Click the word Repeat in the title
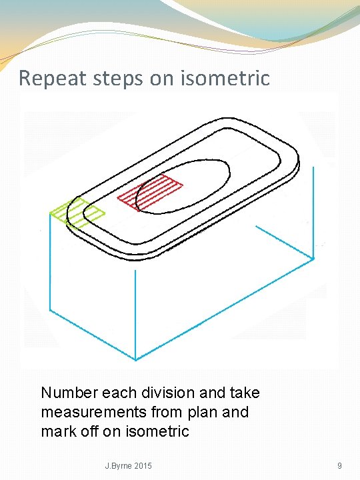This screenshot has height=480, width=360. click(x=53, y=79)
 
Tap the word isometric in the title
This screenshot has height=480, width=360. click(x=225, y=78)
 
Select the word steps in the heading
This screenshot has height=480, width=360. click(x=118, y=79)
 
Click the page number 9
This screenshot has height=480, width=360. click(x=339, y=466)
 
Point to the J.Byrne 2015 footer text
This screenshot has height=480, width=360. click(x=128, y=466)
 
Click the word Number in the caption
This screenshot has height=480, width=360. click(x=70, y=393)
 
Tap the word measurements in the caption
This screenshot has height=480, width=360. click(x=94, y=413)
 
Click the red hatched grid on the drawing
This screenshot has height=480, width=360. click(x=150, y=193)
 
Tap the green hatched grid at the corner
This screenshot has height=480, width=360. click(x=77, y=213)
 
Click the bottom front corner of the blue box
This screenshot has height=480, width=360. click(x=135, y=360)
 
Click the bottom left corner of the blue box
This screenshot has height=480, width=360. click(x=50, y=311)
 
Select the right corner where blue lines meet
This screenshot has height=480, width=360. click(x=313, y=259)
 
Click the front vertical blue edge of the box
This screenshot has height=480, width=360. click(x=135, y=315)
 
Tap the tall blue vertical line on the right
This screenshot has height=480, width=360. click(x=313, y=213)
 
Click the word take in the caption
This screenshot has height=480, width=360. click(x=245, y=393)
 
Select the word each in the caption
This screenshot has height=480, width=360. click(x=120, y=393)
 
